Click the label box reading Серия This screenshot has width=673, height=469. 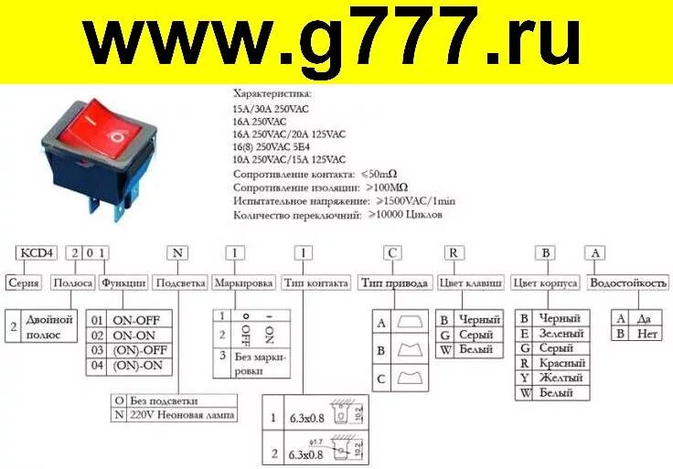(x=24, y=282)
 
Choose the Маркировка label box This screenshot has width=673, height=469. (x=243, y=282)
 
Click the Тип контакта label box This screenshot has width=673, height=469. (x=315, y=282)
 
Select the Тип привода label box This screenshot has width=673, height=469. (x=395, y=282)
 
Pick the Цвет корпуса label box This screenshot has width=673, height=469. (x=545, y=282)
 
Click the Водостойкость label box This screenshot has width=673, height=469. (x=628, y=282)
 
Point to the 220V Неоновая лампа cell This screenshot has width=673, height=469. (x=182, y=414)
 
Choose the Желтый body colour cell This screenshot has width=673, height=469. (x=560, y=378)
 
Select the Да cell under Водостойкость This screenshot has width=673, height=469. (x=646, y=318)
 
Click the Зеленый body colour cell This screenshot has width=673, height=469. (x=560, y=334)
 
